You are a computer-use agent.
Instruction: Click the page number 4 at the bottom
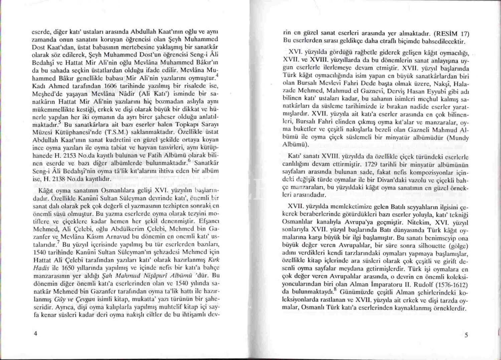(x=35, y=334)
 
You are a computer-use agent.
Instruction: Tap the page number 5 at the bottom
(x=466, y=335)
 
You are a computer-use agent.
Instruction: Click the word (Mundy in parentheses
(x=457, y=138)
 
